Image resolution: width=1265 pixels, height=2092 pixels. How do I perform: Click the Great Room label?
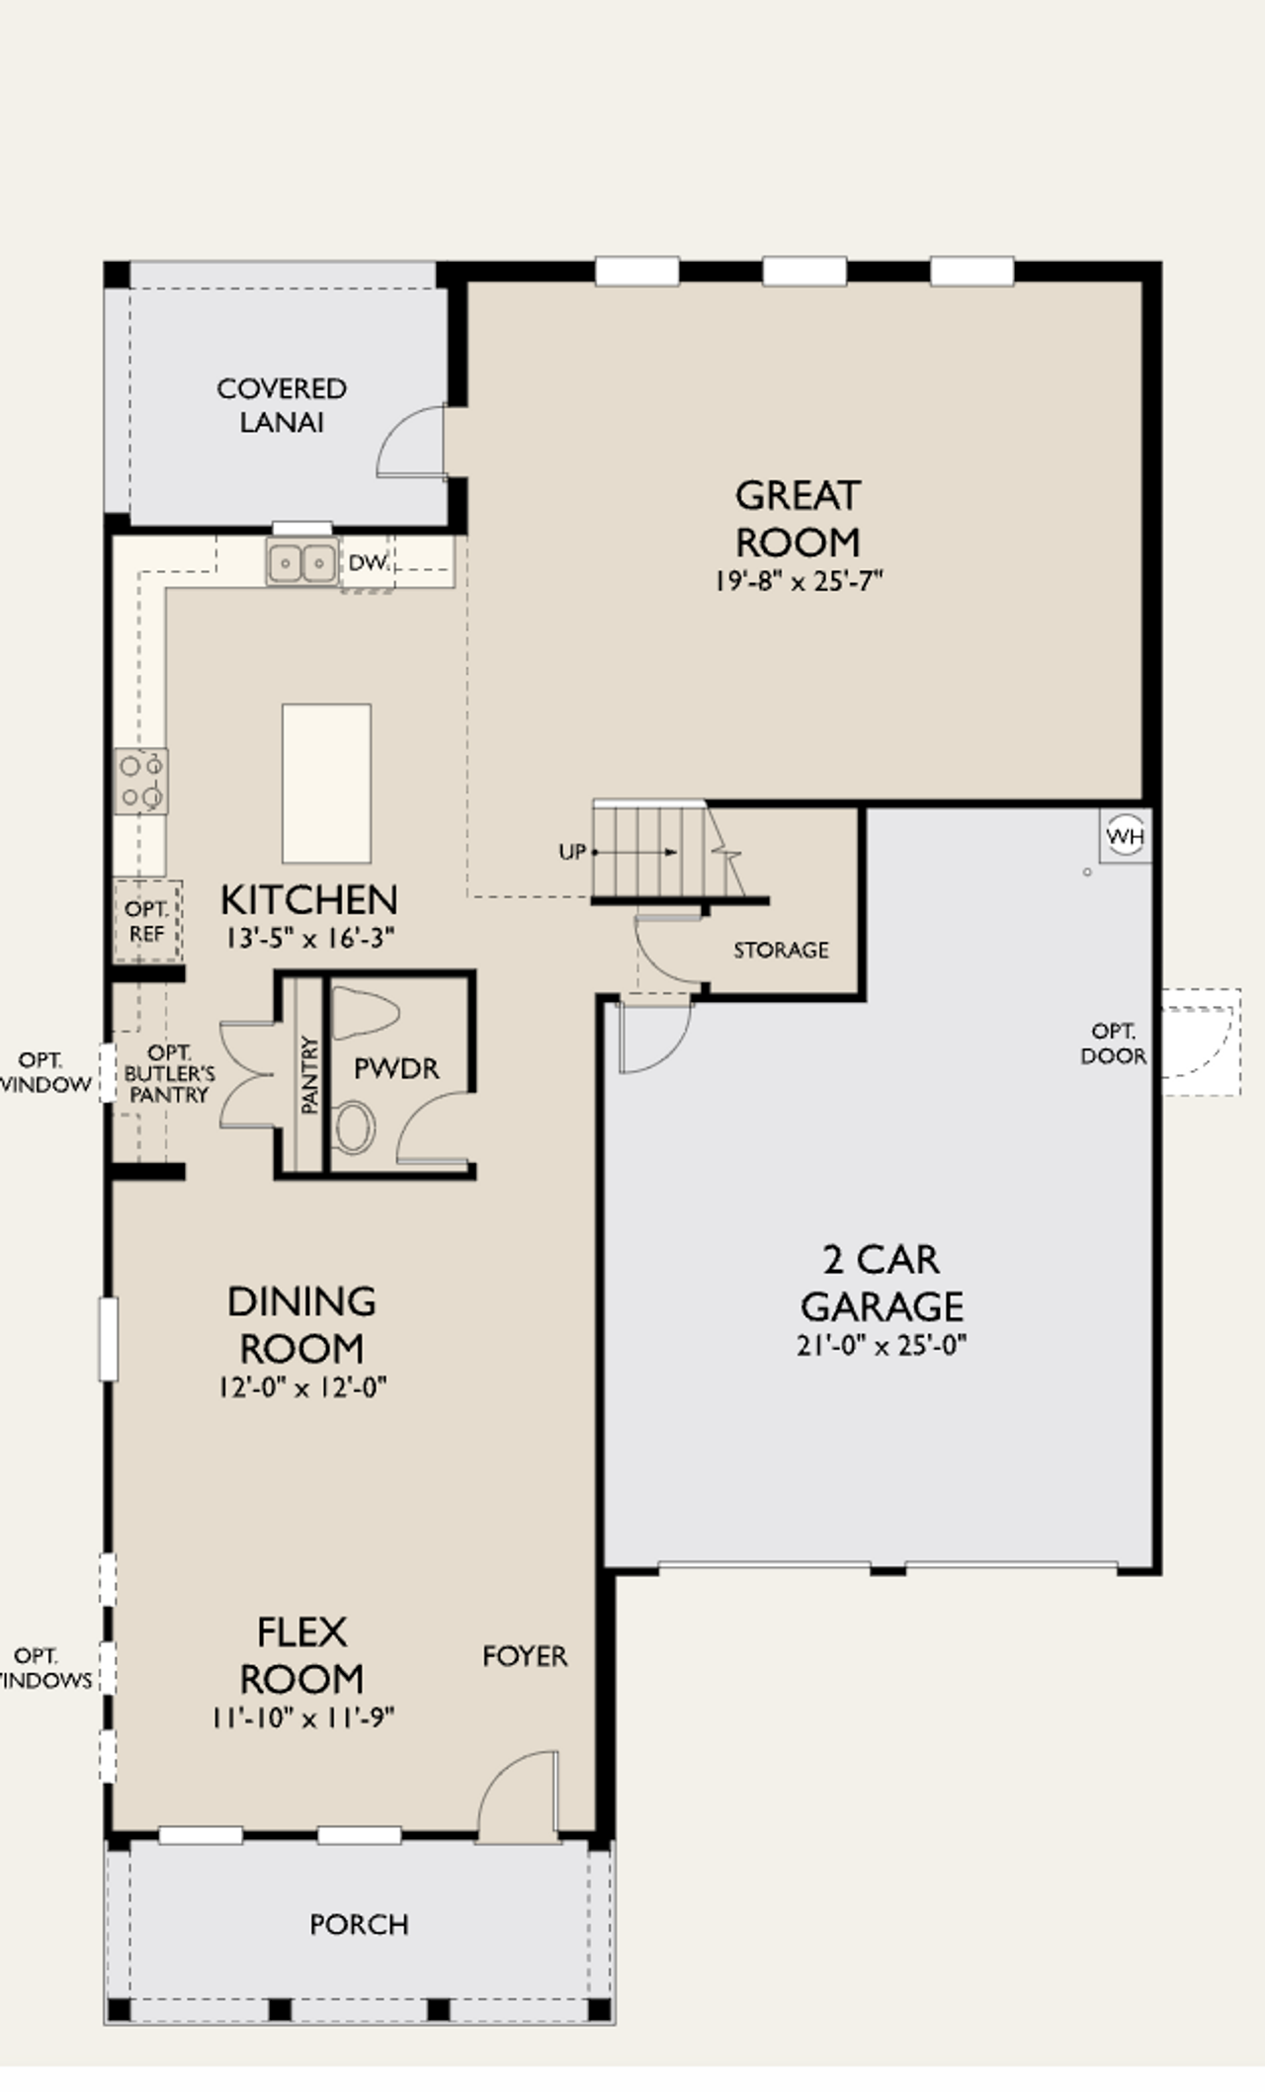tap(798, 519)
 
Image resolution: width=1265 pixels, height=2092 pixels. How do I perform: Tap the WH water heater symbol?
tap(1125, 837)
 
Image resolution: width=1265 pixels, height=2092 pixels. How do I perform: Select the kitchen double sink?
tap(301, 563)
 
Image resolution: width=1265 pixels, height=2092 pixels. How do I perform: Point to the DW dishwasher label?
tap(366, 563)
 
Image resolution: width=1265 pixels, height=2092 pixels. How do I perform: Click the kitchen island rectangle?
tap(326, 783)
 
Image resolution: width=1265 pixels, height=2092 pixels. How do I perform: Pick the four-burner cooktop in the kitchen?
tap(140, 781)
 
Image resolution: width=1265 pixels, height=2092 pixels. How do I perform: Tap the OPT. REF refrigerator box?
tap(147, 921)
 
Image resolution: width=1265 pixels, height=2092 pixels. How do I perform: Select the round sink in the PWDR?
tap(353, 1129)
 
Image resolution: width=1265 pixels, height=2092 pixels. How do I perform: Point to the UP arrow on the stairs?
tap(637, 852)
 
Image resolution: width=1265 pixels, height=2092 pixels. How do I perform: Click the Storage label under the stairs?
tap(781, 951)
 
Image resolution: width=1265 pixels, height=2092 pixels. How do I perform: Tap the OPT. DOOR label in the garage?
tap(1113, 1044)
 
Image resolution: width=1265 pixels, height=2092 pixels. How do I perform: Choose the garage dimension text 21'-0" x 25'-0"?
tap(882, 1346)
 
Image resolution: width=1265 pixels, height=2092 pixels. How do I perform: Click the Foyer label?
tap(525, 1656)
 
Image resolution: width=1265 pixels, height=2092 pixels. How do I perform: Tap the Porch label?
tap(359, 1925)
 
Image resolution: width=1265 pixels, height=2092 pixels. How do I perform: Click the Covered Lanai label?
tap(282, 405)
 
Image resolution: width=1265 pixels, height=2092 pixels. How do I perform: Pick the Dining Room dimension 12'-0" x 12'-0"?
tap(302, 1388)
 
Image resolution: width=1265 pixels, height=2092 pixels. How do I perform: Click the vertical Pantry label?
tap(310, 1075)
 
